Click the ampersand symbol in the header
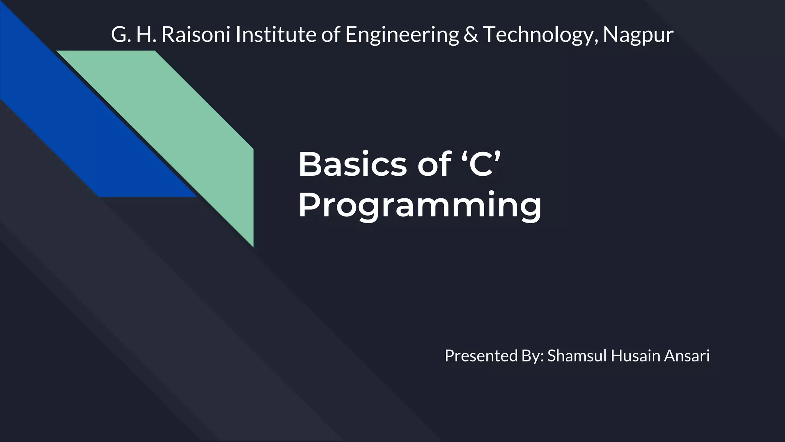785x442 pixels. click(470, 35)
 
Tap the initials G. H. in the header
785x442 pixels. click(133, 35)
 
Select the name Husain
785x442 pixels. click(636, 356)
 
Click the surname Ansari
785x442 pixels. click(687, 356)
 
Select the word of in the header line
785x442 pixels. click(330, 35)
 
